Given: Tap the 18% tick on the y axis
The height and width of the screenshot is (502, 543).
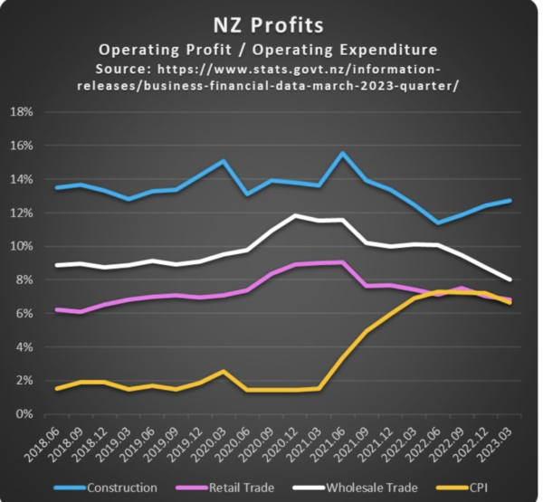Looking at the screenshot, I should click(x=22, y=112).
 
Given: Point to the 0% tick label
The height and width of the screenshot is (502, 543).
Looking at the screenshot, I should click(x=24, y=414).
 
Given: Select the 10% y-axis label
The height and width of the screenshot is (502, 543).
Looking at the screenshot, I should click(x=22, y=246).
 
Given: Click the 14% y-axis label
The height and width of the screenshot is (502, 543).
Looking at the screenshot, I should click(x=22, y=179).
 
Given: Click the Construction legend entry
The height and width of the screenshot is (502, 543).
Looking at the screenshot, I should click(x=122, y=488).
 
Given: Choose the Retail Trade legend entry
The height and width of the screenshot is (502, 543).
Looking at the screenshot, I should click(x=241, y=488).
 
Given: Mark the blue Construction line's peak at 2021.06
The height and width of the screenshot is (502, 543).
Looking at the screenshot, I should click(x=342, y=153).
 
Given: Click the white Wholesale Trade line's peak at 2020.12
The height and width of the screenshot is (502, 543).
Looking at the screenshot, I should click(x=294, y=215).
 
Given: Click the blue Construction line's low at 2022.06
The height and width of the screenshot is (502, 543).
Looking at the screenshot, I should click(x=438, y=223).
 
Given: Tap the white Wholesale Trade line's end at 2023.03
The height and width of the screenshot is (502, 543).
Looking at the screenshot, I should click(x=510, y=280).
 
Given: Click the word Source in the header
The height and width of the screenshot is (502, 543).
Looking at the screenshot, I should click(x=123, y=68).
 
